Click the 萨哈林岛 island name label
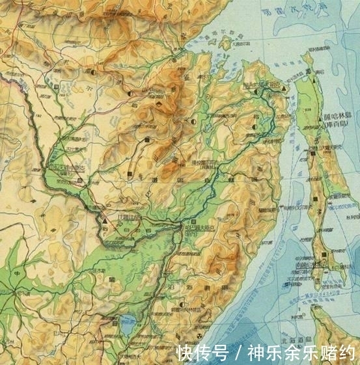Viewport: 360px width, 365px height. (x=338, y=117)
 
